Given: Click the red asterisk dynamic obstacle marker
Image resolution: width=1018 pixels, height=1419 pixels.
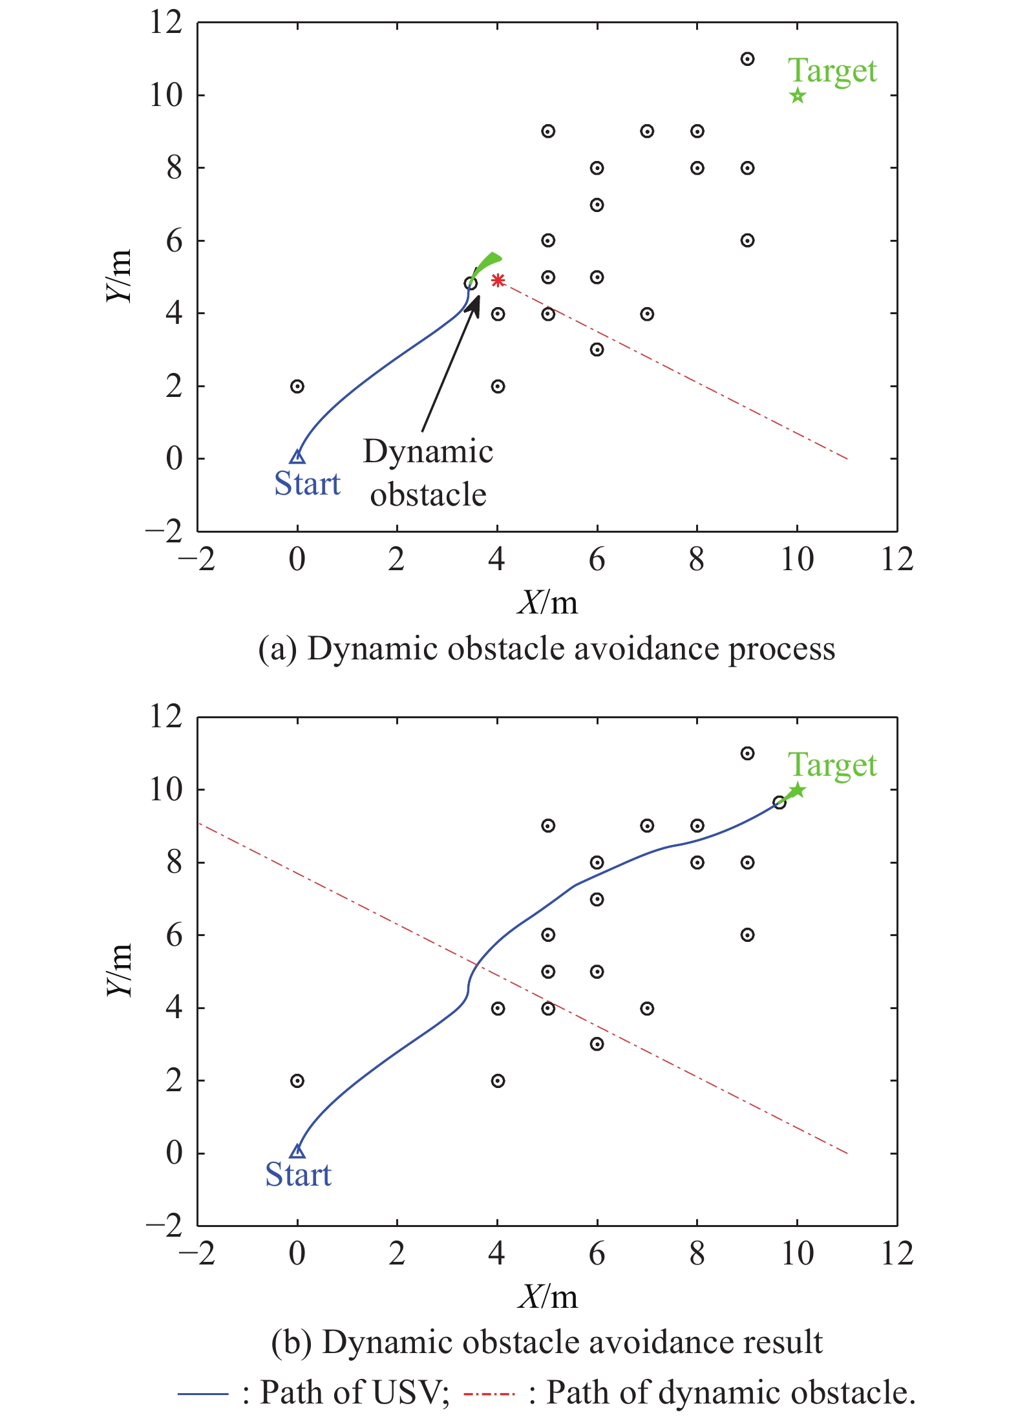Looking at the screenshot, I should [498, 280].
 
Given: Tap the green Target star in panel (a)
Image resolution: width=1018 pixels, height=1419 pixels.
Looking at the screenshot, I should [798, 96].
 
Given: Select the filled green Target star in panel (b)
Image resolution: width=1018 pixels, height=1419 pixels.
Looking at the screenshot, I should [798, 790].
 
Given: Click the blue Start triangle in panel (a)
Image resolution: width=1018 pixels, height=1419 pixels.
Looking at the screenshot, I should [297, 456].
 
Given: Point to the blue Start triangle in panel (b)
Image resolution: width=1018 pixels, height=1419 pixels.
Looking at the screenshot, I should [297, 1151].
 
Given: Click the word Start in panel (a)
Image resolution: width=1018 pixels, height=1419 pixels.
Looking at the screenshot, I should [307, 484].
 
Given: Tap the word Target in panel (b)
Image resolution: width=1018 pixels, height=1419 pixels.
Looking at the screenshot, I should [832, 765].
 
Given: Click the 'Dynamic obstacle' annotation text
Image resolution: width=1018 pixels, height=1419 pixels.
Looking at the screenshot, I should [428, 473].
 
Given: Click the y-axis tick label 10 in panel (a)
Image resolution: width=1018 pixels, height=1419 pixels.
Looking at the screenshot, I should [166, 96].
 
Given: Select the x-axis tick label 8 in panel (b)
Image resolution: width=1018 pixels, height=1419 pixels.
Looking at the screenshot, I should [697, 1254].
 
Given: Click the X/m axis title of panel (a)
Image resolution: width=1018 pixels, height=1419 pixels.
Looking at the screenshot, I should [547, 603].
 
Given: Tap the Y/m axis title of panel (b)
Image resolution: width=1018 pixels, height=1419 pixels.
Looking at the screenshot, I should [119, 970].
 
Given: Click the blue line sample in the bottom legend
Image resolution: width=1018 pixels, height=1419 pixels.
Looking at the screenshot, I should [203, 1393].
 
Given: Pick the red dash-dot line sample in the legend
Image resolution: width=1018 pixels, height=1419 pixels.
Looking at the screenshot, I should [489, 1393].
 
